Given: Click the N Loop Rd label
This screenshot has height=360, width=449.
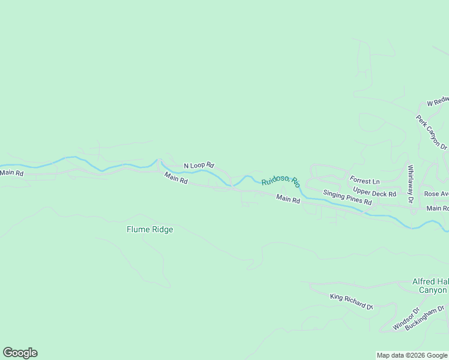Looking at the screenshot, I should [x=199, y=165].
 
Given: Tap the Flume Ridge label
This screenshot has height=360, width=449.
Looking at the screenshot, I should [x=149, y=229].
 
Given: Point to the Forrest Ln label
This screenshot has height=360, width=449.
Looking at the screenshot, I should [x=365, y=181].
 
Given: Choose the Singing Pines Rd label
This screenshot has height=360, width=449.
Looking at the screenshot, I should [x=348, y=197].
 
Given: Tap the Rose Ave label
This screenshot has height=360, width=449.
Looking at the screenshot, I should [x=436, y=194].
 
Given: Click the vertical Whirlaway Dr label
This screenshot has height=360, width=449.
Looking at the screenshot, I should [x=411, y=184].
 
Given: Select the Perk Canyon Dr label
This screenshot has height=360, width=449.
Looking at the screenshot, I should [x=432, y=133].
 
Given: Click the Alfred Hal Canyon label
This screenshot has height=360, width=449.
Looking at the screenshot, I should [x=430, y=286].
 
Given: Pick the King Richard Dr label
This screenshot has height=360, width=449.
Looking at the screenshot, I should [x=351, y=301].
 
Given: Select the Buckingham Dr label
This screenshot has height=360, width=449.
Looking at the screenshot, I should [x=424, y=318].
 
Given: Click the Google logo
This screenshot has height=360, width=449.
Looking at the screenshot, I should [x=20, y=353].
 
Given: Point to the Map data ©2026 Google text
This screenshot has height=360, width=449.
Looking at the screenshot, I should [x=412, y=355].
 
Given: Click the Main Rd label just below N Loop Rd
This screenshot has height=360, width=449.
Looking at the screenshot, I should [x=176, y=178].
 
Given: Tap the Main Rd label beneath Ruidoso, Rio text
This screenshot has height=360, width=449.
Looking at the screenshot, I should [x=288, y=199].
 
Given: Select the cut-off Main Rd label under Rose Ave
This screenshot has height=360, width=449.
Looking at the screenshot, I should [x=438, y=208].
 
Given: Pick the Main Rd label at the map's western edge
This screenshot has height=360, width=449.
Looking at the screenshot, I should [x=12, y=173].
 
